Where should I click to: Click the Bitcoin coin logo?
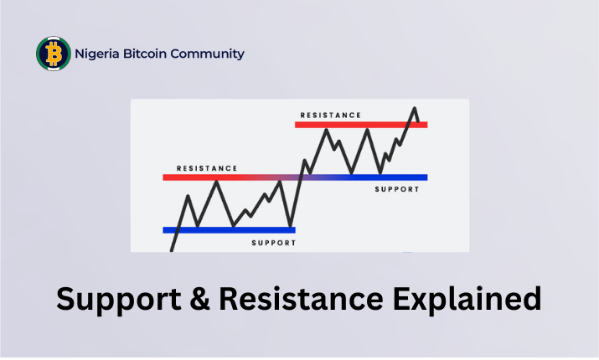[54, 54]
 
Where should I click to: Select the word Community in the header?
[207, 54]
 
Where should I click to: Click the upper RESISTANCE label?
[331, 116]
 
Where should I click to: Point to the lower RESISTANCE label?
[207, 168]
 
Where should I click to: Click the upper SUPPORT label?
[397, 189]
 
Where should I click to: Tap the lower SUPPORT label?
[274, 243]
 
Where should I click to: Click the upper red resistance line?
[361, 125]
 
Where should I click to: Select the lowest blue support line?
[230, 230]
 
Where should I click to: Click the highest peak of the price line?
[415, 108]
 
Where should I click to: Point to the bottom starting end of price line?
[172, 250]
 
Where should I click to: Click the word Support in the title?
[119, 299]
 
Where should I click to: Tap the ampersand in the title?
[199, 298]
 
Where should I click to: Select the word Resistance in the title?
[301, 298]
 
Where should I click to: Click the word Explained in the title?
[467, 299]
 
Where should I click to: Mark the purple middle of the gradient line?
[295, 177]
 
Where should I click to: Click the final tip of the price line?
[419, 121]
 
